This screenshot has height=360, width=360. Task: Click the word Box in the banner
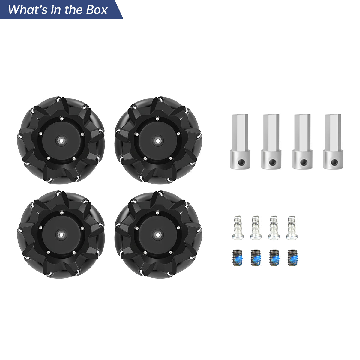tap(97, 10)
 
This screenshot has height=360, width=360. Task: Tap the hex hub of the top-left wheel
tap(61, 140)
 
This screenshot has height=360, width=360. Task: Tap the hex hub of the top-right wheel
tap(157, 140)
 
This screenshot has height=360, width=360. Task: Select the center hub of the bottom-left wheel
tap(61, 234)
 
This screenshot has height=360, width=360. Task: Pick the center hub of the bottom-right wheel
tap(157, 234)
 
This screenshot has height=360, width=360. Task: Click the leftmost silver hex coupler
tap(240, 141)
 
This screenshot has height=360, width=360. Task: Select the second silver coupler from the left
tap(271, 141)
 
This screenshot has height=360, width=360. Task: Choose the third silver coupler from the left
tap(302, 141)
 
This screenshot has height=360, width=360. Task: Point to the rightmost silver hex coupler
tap(333, 141)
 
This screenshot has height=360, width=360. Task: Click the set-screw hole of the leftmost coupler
tap(240, 162)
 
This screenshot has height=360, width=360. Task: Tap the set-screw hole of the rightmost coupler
tap(333, 162)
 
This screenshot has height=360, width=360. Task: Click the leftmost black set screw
tap(238, 257)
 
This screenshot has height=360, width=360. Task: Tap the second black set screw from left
tap(256, 257)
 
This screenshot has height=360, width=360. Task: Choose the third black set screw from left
tap(274, 257)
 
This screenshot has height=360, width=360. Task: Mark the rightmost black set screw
tap(291, 257)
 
